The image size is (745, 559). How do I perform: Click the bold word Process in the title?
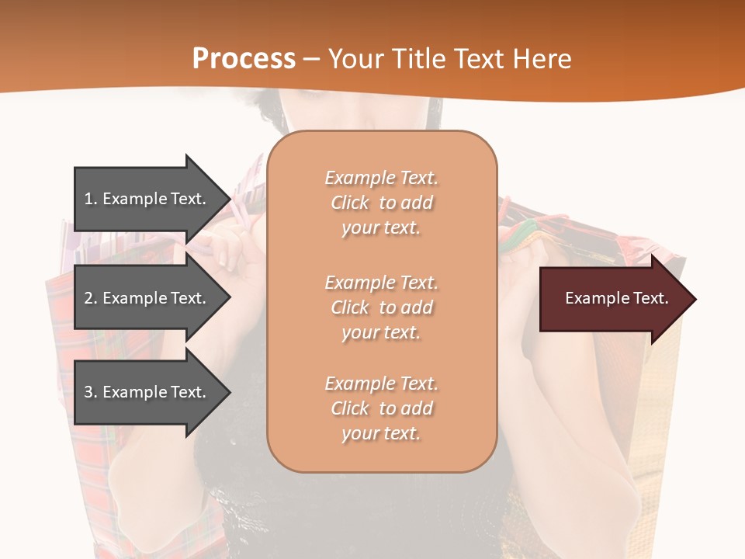[244, 59]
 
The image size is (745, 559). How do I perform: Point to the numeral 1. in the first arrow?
[91, 199]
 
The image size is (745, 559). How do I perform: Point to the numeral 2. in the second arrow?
[91, 298]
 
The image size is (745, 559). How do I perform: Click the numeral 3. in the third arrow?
[91, 392]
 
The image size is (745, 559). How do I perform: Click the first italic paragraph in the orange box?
[381, 203]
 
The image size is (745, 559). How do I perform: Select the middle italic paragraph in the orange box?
[381, 307]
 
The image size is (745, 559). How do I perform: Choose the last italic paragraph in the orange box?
[381, 408]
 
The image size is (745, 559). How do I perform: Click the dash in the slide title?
[312, 59]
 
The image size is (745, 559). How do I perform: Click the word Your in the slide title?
[358, 59]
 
